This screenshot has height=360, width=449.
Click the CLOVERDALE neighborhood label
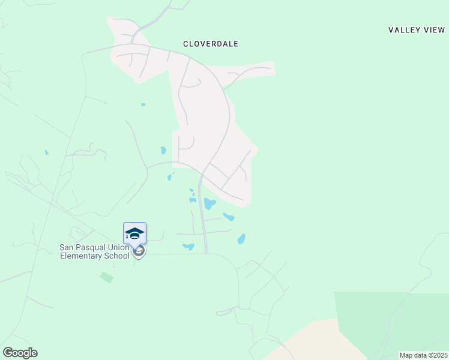(x=211, y=44)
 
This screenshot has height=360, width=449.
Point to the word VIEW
(x=434, y=30)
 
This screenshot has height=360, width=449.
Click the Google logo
(x=20, y=353)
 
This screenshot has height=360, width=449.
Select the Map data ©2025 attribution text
(x=423, y=355)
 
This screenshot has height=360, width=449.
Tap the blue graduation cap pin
(x=134, y=233)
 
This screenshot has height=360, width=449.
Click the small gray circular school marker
(x=139, y=251)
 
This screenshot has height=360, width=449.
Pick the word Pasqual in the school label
(x=91, y=247)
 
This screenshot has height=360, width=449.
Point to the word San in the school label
(x=66, y=247)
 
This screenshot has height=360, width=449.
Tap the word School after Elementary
(x=118, y=256)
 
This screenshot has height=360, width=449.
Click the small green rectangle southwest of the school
(x=107, y=277)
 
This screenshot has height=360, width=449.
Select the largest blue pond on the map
(x=209, y=203)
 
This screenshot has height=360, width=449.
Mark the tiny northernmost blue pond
(x=143, y=105)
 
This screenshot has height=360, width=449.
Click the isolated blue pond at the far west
(x=46, y=152)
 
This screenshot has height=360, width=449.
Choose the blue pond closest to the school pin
(x=188, y=246)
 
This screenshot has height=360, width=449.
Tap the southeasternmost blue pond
(x=241, y=239)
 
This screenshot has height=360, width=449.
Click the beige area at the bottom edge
(x=312, y=342)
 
